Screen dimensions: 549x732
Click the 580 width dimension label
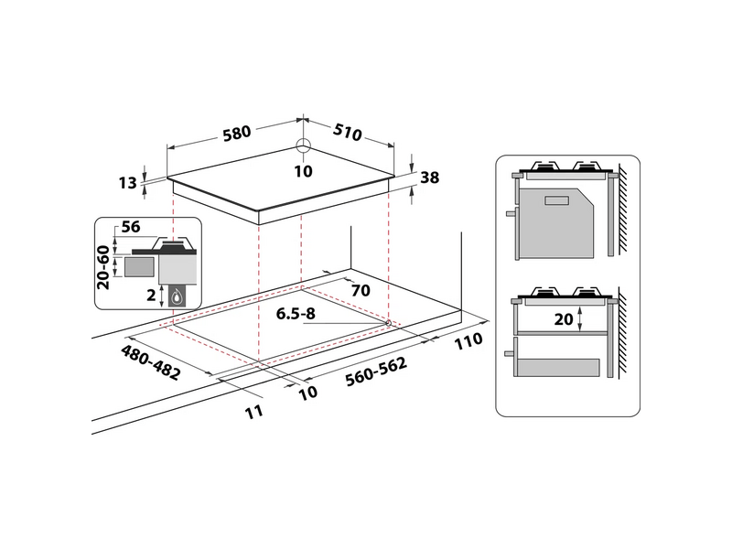pos(235,133)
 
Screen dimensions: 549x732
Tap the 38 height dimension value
pos(429,179)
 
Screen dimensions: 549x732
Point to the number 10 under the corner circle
pos(304,170)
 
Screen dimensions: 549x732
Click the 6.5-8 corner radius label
pos(296,314)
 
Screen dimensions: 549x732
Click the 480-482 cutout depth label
pos(151,362)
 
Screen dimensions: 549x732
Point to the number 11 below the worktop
pos(253,412)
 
